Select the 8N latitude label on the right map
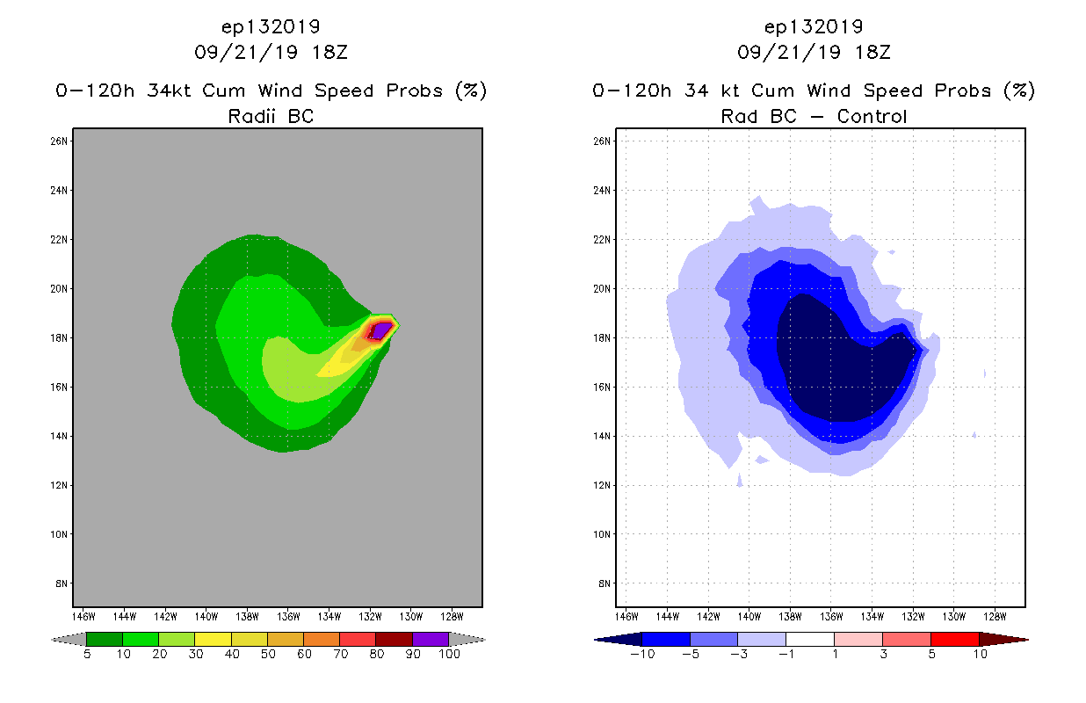[605, 583]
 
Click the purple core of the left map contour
[381, 330]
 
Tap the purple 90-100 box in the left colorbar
[431, 639]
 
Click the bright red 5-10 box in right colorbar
[954, 639]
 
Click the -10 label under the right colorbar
[642, 654]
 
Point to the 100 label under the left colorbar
[449, 654]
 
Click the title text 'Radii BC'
[271, 116]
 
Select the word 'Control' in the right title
[872, 116]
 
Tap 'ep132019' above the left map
[271, 26]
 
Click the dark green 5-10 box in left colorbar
[105, 639]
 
